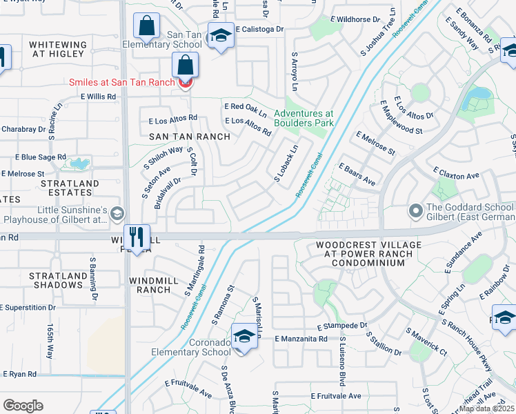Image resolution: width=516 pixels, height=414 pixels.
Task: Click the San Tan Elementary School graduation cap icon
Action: click(221, 35)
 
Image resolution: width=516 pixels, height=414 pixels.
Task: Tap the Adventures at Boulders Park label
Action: click(304, 118)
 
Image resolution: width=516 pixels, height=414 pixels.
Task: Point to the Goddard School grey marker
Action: click(415, 209)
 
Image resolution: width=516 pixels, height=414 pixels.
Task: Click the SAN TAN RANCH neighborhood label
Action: click(190, 137)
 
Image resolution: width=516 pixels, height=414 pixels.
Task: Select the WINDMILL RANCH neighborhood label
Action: click(150, 285)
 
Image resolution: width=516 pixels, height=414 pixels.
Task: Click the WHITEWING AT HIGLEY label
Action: click(58, 49)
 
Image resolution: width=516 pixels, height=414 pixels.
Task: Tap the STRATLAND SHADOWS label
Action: click(57, 280)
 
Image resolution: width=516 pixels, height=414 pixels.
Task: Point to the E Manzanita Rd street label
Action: click(301, 339)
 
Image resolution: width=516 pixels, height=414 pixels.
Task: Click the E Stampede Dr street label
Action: click(341, 325)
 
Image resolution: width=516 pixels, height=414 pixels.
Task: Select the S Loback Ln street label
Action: click(285, 164)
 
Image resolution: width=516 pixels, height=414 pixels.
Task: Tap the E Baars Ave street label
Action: click(357, 175)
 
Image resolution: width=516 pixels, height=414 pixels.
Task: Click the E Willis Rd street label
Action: click(99, 97)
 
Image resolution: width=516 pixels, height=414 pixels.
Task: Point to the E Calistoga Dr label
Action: click(259, 29)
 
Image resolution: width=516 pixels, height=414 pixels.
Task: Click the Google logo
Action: click(23, 406)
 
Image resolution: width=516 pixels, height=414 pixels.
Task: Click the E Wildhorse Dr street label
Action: click(355, 20)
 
